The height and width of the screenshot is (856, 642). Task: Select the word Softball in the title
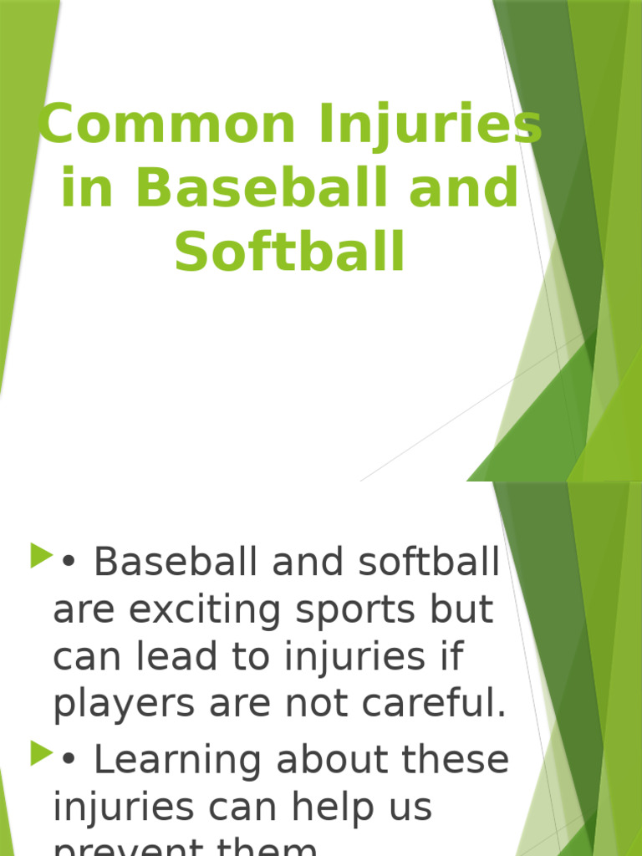point(290,252)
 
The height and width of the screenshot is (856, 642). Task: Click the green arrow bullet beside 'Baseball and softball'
point(41,555)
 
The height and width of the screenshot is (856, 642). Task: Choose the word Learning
point(176,760)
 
